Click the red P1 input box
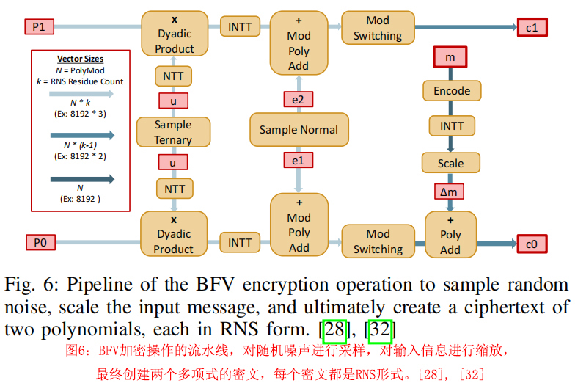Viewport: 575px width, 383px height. click(x=39, y=27)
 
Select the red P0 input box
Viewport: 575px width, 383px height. click(x=39, y=241)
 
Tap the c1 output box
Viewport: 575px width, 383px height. click(x=532, y=28)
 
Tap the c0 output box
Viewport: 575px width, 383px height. click(x=532, y=242)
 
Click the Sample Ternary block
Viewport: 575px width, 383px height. click(x=173, y=132)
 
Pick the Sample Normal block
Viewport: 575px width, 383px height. click(x=299, y=130)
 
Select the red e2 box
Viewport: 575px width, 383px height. click(x=299, y=99)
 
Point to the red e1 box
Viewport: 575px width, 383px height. click(x=299, y=159)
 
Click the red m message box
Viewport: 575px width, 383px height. click(x=451, y=56)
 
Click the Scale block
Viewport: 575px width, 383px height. click(x=451, y=163)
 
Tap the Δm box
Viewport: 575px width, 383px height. click(x=451, y=192)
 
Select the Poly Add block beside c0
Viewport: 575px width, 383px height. click(x=450, y=235)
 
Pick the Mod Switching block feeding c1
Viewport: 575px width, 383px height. click(x=378, y=28)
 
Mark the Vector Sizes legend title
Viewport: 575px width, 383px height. click(x=80, y=59)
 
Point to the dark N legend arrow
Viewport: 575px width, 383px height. click(x=81, y=179)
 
